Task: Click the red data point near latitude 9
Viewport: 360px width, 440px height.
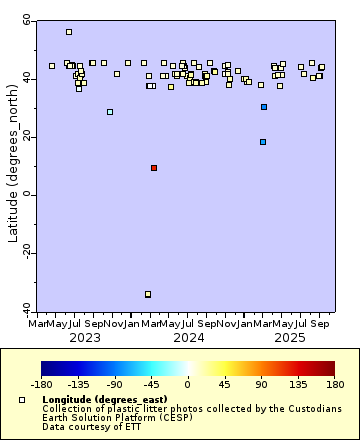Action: (154, 168)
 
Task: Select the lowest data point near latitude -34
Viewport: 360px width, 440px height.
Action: (148, 294)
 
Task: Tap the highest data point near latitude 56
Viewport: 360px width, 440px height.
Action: (69, 32)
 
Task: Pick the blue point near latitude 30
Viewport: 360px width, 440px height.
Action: (264, 107)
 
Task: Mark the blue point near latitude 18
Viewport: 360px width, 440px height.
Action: (263, 142)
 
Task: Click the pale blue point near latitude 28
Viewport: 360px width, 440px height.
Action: (110, 112)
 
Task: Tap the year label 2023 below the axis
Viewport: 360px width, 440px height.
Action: (85, 338)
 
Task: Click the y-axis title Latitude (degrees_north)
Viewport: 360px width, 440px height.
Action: (12, 165)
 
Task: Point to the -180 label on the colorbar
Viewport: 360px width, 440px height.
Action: (41, 383)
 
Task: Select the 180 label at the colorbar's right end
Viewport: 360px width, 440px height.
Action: (334, 383)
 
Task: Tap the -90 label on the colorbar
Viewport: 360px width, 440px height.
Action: (114, 383)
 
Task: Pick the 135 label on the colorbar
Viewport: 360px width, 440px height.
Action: (297, 383)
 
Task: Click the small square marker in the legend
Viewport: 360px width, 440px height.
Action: (22, 400)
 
